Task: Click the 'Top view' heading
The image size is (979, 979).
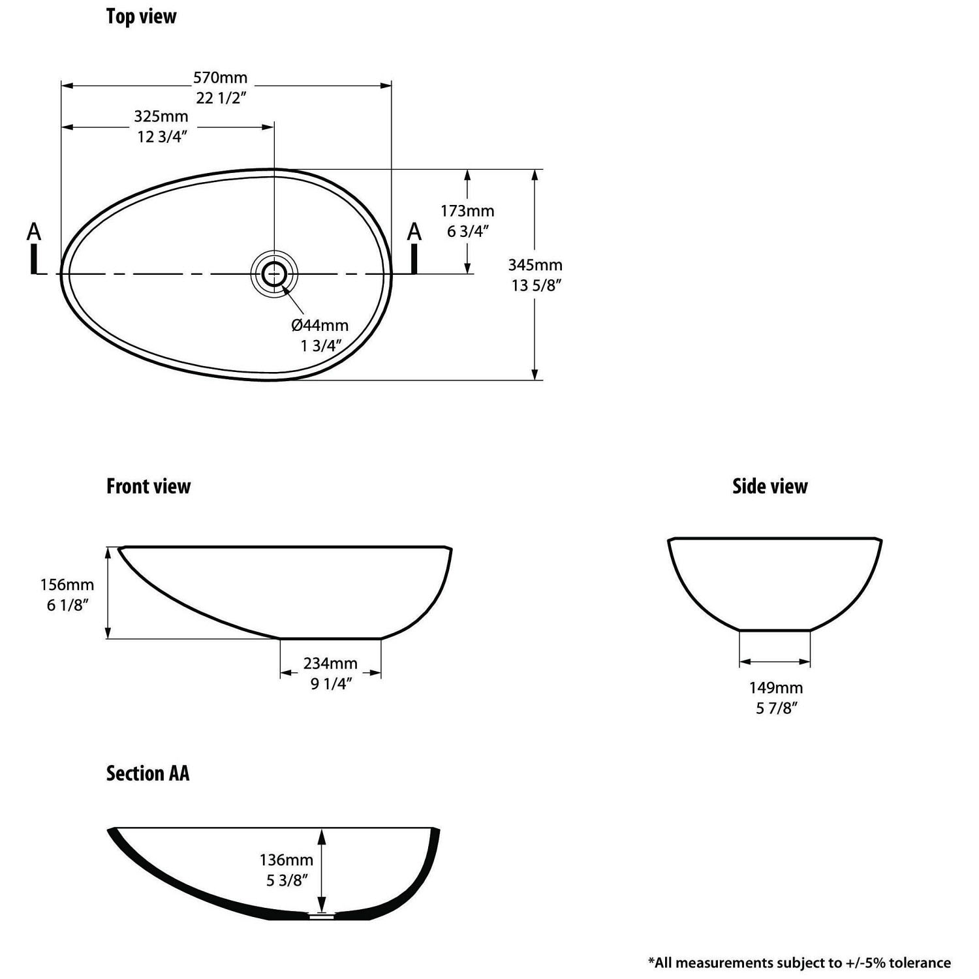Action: [x=141, y=17]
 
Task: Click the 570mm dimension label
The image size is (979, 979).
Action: [x=221, y=78]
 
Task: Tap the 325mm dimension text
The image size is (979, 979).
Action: [x=161, y=117]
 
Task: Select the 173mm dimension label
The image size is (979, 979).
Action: [x=467, y=211]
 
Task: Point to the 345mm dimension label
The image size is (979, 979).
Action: [x=535, y=265]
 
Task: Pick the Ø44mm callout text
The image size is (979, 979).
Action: [x=320, y=325]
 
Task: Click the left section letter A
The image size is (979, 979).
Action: [x=35, y=232]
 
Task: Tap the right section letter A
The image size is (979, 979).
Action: [x=414, y=232]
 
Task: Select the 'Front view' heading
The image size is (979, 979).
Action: [x=148, y=486]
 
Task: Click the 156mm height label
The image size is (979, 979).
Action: [x=67, y=585]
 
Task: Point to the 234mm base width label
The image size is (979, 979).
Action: [x=330, y=663]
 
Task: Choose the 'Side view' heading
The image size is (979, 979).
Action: [x=769, y=486]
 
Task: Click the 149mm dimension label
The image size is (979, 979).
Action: [x=776, y=687]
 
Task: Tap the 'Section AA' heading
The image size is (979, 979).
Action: [x=148, y=773]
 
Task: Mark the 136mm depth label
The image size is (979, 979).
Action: [x=287, y=860]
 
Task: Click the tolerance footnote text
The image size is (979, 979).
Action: [x=799, y=962]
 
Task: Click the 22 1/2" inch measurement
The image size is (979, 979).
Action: [x=221, y=98]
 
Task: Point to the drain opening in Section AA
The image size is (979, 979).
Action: [x=320, y=916]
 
